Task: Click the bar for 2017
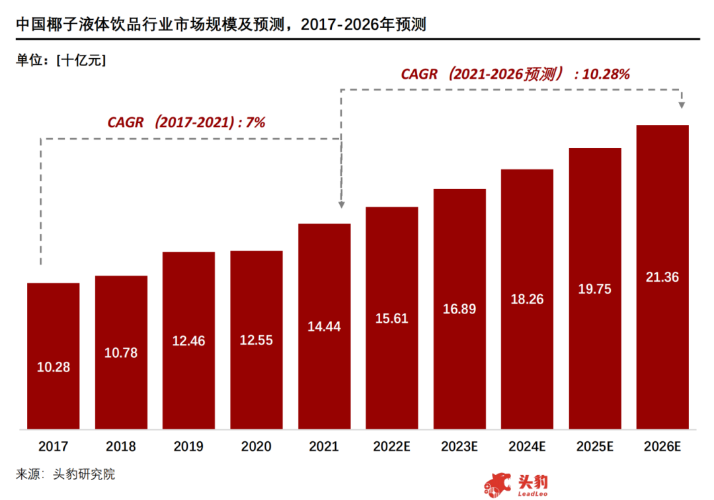(x=54, y=356)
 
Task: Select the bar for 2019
(x=188, y=340)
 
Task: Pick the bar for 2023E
(x=459, y=309)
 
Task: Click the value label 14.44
(x=324, y=326)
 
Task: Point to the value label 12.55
(x=257, y=341)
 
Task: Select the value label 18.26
(x=527, y=299)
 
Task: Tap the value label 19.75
(x=594, y=288)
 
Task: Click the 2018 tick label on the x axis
(x=121, y=447)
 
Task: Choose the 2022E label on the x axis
(x=392, y=447)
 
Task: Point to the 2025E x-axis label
(x=594, y=447)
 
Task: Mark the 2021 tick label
(x=324, y=447)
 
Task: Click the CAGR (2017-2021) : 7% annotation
(x=186, y=122)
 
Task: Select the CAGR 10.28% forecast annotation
(x=515, y=74)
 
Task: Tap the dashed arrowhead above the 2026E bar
(x=682, y=104)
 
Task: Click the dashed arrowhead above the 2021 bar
(x=341, y=205)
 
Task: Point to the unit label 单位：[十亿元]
(x=61, y=60)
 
